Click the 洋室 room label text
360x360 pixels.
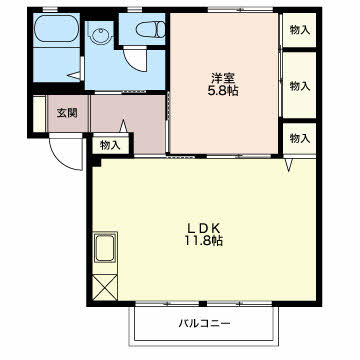pyautogui.click(x=223, y=78)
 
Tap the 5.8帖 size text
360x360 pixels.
pyautogui.click(x=223, y=91)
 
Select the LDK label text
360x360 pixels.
pyautogui.click(x=203, y=228)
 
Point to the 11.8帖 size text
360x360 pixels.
pyautogui.click(x=203, y=241)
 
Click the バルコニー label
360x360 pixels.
pyautogui.click(x=205, y=323)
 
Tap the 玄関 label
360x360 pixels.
pyautogui.click(x=67, y=113)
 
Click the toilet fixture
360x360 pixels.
pyautogui.click(x=150, y=29)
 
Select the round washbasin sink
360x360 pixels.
pyautogui.click(x=99, y=36)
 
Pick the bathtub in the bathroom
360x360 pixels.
pyautogui.click(x=56, y=29)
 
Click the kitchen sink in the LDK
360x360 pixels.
pyautogui.click(x=105, y=248)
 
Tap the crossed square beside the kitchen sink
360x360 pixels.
pyautogui.click(x=105, y=287)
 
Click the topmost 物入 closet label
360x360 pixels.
pyautogui.click(x=300, y=30)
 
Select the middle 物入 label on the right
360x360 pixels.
pyautogui.click(x=300, y=86)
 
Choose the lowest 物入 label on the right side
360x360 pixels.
pyautogui.click(x=300, y=138)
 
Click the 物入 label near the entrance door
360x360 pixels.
pyautogui.click(x=110, y=145)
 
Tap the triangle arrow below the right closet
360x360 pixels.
pyautogui.click(x=289, y=165)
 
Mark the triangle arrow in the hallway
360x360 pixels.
pyautogui.click(x=123, y=126)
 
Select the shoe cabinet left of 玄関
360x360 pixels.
pyautogui.click(x=39, y=114)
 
